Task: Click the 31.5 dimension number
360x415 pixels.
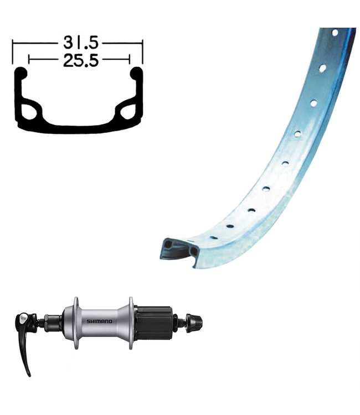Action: click(81, 43)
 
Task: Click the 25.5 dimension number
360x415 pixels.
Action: click(81, 60)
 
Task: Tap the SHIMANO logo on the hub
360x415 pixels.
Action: click(99, 321)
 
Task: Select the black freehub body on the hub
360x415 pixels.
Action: click(153, 323)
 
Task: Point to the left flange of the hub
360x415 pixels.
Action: click(76, 323)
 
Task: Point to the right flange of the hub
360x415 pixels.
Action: click(131, 323)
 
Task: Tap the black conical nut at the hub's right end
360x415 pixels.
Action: click(194, 323)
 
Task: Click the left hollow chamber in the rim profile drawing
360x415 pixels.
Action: click(29, 112)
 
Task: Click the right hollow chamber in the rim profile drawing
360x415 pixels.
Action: click(128, 112)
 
